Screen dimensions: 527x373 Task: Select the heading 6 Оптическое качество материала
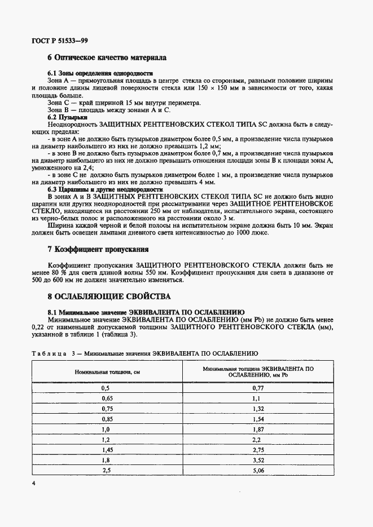click(x=106, y=57)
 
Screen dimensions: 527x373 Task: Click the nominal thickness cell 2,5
click(x=106, y=470)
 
